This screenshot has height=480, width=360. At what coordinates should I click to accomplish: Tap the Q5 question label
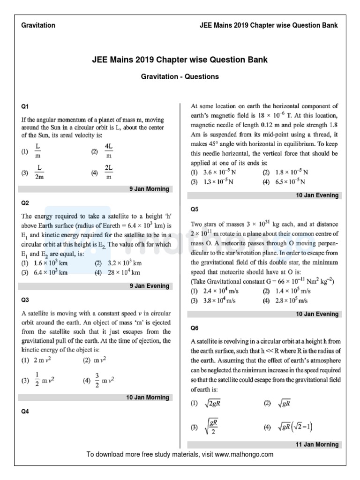[195, 209]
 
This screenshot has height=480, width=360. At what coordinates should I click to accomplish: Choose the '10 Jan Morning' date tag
[148, 397]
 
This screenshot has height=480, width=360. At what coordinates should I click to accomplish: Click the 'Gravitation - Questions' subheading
[180, 76]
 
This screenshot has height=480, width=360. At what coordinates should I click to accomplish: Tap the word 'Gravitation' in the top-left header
[38, 25]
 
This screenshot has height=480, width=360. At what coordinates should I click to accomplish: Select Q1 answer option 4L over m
[108, 151]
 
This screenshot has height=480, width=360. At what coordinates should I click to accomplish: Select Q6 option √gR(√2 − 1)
[295, 427]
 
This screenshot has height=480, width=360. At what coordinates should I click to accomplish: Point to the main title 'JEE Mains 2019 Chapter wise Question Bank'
[180, 60]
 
